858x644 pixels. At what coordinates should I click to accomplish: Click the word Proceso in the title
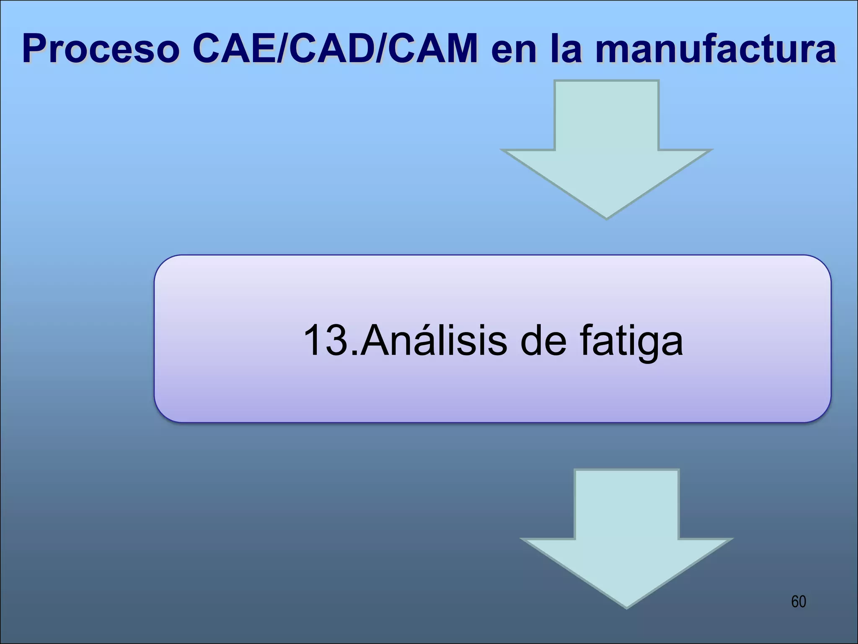pos(101,50)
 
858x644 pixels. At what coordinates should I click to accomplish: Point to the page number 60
pos(799,602)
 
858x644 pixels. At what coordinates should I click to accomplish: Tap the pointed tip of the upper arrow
pos(607,216)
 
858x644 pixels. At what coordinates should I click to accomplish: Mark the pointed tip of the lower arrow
pos(627,605)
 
